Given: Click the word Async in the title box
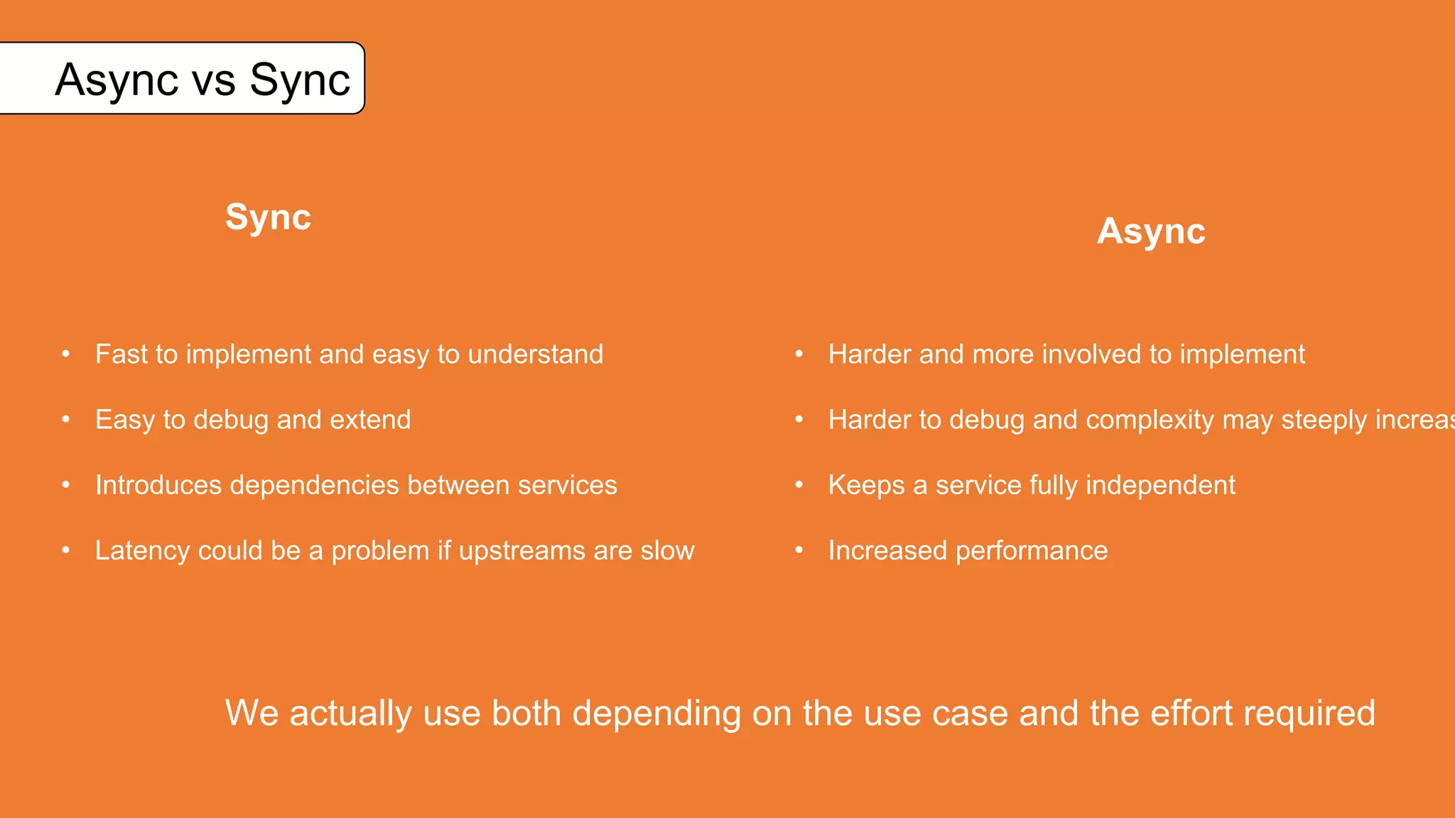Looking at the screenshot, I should pos(117,80).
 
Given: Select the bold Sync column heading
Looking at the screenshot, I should pos(268,217).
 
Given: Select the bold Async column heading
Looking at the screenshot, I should pos(1150,231).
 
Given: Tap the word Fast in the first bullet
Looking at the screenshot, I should pos(120,354).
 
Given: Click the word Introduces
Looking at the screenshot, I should pos(158,485).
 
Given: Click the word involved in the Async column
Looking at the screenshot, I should pos(1091,354).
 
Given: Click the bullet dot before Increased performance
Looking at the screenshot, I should pos(799,550).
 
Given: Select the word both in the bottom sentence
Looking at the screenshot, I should pos(526,713).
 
